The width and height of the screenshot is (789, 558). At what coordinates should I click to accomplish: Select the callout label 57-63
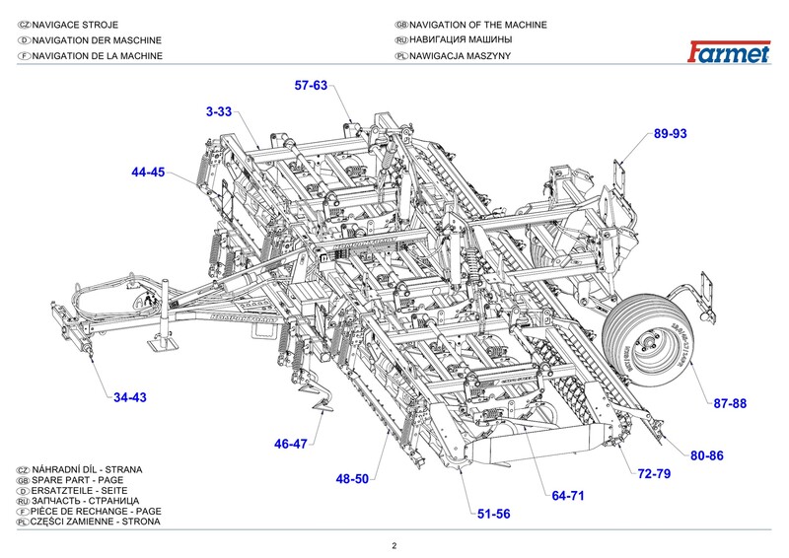click(311, 86)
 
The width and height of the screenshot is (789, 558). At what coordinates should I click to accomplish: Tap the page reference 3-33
click(219, 112)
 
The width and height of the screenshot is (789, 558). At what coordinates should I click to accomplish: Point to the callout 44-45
click(148, 172)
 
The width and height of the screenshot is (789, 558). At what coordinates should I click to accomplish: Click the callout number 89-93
click(670, 133)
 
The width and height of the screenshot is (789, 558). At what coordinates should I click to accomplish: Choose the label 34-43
click(129, 397)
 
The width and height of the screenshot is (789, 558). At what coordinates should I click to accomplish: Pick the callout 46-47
click(291, 444)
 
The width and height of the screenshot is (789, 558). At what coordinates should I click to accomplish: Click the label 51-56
click(494, 514)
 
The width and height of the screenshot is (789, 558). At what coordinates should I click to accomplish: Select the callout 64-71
click(569, 494)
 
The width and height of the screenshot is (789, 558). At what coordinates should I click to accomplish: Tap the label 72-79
click(654, 474)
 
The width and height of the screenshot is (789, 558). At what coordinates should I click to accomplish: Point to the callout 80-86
click(707, 454)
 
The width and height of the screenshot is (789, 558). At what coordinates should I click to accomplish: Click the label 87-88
click(731, 403)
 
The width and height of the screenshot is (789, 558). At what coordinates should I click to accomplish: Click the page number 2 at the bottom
click(394, 546)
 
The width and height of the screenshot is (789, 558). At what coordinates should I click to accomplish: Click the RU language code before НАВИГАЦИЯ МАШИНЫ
click(400, 40)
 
